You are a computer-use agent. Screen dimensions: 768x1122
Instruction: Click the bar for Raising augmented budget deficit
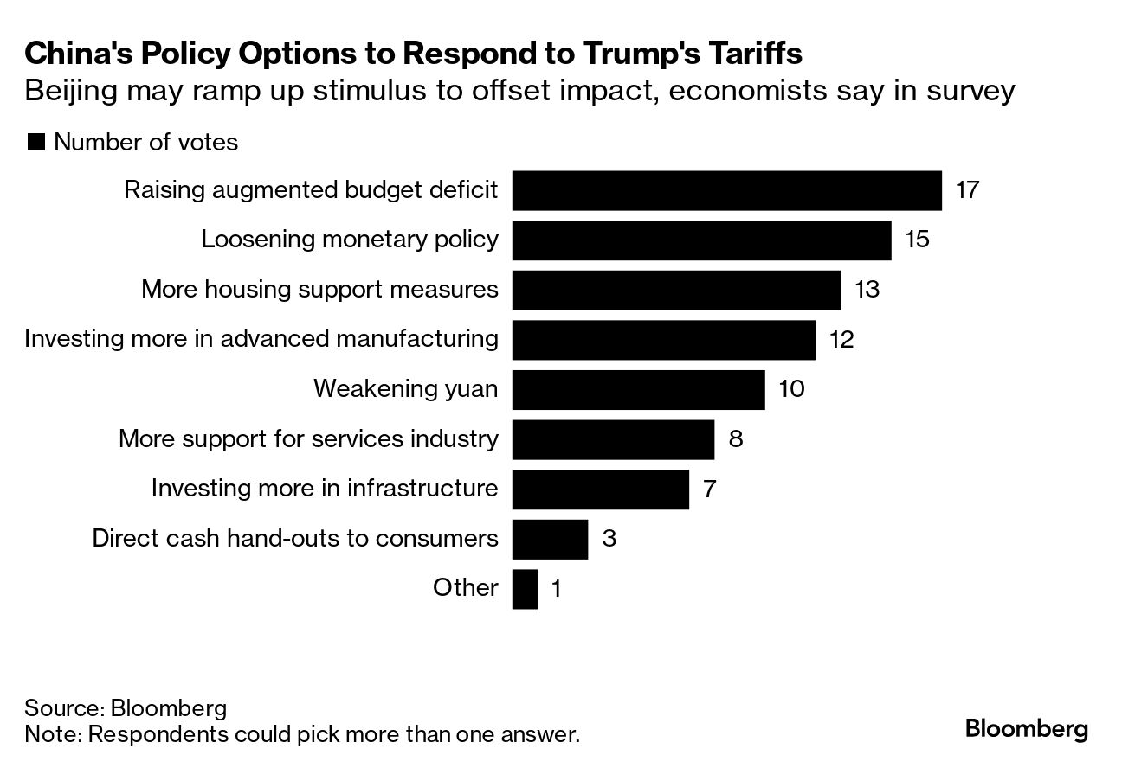726,190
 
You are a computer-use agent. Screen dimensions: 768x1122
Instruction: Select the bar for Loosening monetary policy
701,240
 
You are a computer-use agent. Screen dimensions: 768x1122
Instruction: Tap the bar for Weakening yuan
638,389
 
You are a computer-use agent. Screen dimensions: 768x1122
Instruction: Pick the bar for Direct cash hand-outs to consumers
550,539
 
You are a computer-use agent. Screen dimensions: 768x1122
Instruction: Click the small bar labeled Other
525,588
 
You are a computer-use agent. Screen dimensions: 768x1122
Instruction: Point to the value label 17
967,190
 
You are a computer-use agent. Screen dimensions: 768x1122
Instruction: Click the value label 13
867,289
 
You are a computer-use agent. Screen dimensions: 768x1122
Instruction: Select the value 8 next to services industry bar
736,438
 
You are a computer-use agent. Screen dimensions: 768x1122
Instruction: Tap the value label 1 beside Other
557,589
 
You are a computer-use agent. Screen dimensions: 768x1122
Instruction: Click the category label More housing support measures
319,289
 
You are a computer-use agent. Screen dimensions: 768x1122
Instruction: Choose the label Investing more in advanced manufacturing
261,338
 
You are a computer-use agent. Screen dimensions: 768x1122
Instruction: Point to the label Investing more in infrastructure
325,489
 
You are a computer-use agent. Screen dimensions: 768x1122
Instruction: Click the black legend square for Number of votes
35,143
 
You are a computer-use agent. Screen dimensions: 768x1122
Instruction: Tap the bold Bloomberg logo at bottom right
1027,728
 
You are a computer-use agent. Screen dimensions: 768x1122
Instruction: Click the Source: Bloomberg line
126,708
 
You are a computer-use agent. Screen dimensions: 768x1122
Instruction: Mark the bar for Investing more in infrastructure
600,489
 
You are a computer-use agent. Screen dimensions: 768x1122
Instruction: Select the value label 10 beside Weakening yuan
791,389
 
